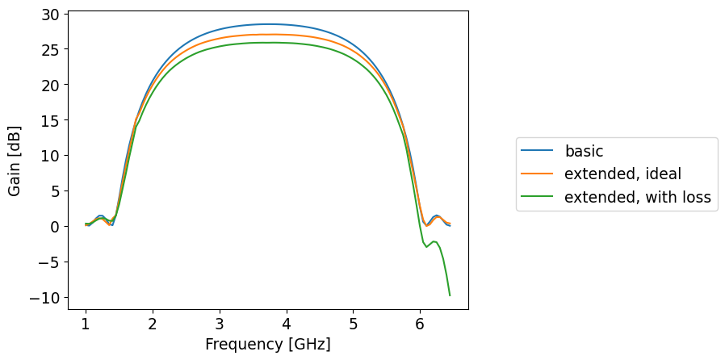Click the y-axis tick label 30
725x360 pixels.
pyautogui.click(x=49, y=15)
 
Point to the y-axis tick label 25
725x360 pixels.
pyautogui.click(x=49, y=50)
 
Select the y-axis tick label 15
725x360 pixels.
pyautogui.click(x=49, y=120)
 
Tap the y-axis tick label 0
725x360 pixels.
pyautogui.click(x=54, y=227)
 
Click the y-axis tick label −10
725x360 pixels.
pyautogui.click(x=44, y=298)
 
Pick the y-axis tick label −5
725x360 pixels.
pyautogui.click(x=48, y=262)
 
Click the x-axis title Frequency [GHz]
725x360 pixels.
pyautogui.click(x=267, y=345)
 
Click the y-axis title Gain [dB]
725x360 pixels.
pyautogui.click(x=15, y=160)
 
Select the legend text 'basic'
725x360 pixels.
pyautogui.click(x=584, y=151)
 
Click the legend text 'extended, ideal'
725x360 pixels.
pyautogui.click(x=622, y=174)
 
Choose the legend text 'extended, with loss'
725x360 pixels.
pyautogui.click(x=637, y=198)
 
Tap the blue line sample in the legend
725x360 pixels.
pyautogui.click(x=537, y=151)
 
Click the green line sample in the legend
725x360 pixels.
pyautogui.click(x=537, y=198)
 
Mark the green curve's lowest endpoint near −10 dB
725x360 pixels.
pyautogui.click(x=450, y=295)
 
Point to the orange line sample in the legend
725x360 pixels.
pyautogui.click(x=537, y=174)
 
